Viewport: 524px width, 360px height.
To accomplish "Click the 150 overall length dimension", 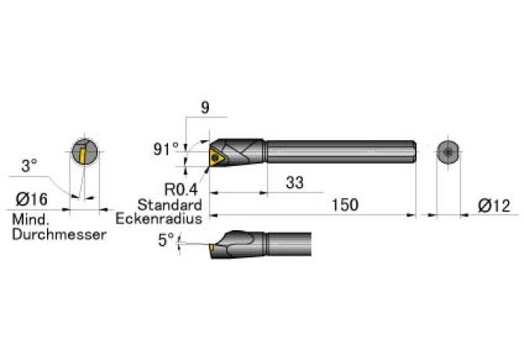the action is pos(345,204).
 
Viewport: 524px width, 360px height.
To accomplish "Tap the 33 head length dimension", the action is pos(295,182).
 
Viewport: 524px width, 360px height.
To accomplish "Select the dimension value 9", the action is pos(205,108).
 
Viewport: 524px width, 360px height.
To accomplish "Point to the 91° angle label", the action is pos(166,149).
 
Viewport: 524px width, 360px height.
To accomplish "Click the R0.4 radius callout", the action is pos(181,189).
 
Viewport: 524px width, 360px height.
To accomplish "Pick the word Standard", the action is pos(170,204).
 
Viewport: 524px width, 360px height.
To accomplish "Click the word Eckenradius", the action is pos(159,218).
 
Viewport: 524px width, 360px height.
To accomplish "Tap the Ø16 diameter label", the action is pos(32,200).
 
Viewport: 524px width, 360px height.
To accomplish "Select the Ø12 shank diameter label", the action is pos(494,206).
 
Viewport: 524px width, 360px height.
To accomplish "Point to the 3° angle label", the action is pos(29,166).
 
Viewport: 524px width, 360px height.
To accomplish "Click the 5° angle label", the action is pos(166,240).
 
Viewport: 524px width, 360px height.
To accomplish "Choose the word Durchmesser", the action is pos(59,234).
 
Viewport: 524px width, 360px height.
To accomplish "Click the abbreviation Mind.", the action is pos(31,220).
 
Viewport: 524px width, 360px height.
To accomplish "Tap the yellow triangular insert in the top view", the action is pos(217,157).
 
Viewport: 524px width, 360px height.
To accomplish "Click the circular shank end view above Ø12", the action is pos(448,153).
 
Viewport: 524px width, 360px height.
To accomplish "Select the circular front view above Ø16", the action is pos(85,151).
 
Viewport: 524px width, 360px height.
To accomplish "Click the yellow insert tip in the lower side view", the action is pos(211,247).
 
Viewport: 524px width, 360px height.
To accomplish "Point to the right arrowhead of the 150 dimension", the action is pos(411,215).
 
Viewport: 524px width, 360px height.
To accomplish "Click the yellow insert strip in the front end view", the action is pos(81,155).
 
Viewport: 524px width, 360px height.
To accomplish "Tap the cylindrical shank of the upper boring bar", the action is pos(341,152).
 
